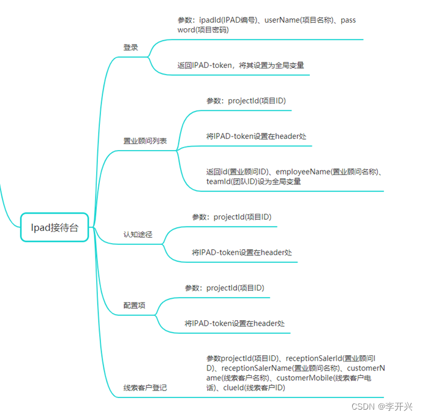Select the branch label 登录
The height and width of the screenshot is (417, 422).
(x=130, y=47)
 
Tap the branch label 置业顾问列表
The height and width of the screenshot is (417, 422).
(x=145, y=141)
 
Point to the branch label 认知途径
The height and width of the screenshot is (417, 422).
(x=138, y=235)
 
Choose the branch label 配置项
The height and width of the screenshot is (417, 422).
(x=134, y=305)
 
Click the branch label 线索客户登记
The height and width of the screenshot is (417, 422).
(x=145, y=388)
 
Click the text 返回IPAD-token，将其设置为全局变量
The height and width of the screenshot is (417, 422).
(x=241, y=65)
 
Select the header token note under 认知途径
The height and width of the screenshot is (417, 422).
(x=242, y=252)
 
